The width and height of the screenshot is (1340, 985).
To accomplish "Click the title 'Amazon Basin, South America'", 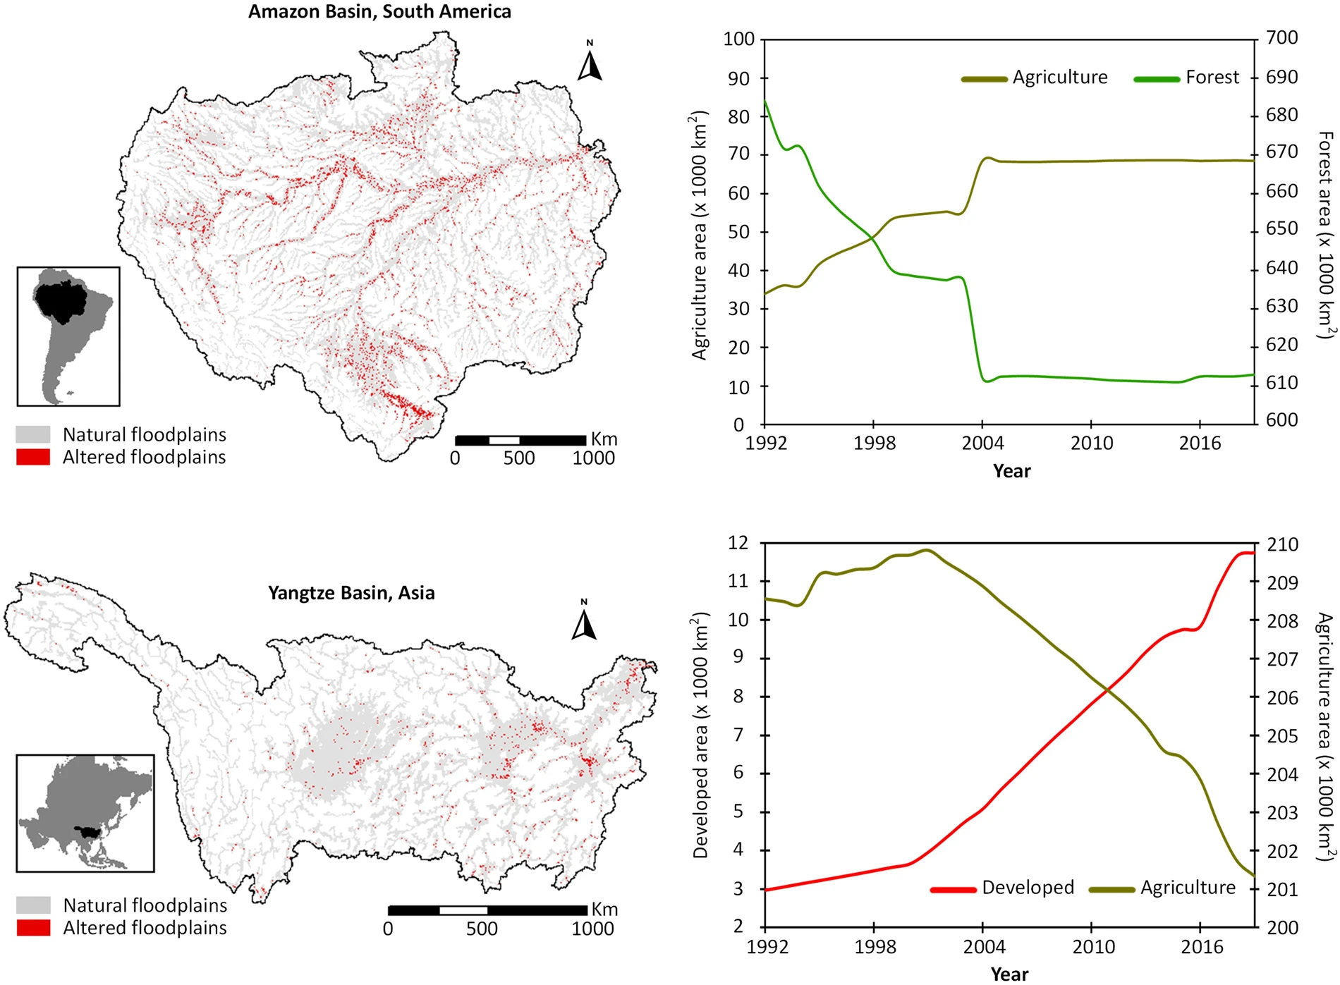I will point(379,12).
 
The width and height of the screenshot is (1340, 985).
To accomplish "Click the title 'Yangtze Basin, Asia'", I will point(351,593).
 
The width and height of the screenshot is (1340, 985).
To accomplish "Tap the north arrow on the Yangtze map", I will point(584,622).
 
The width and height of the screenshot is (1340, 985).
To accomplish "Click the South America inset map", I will point(68,336).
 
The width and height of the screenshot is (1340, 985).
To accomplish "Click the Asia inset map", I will point(85,813).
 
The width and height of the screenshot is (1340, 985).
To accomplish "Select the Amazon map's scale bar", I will point(520,441).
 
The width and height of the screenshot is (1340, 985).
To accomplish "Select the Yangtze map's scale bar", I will point(487,910).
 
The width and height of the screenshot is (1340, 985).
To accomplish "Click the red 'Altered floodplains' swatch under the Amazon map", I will point(33,458).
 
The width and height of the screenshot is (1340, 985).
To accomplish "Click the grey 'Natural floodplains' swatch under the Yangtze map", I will point(33,905).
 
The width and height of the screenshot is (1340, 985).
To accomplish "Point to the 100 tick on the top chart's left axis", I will point(738,39).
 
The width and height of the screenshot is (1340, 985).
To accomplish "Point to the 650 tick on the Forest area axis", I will point(1281,229).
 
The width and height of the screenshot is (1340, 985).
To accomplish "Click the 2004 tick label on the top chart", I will point(982,443).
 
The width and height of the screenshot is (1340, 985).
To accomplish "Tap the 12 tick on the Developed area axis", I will point(738,543).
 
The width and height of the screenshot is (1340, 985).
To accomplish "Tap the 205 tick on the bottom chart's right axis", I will point(1282,736).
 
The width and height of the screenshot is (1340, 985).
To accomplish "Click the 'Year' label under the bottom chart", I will point(1009,974).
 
